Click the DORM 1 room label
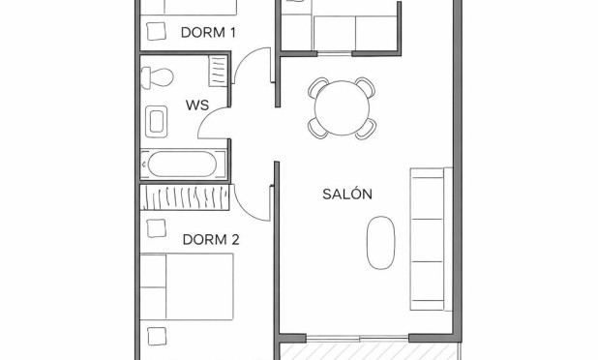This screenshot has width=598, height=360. (208, 32)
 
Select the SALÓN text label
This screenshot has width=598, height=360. (346, 194)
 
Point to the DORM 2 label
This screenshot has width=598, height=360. (210, 239)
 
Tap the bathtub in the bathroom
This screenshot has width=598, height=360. (184, 164)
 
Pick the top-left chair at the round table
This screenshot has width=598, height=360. (319, 88)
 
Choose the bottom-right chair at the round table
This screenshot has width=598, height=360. (365, 128)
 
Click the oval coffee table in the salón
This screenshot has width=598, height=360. (381, 241)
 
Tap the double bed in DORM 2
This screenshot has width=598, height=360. (187, 285)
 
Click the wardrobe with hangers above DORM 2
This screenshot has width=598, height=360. (185, 197)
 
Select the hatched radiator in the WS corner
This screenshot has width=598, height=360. (218, 71)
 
